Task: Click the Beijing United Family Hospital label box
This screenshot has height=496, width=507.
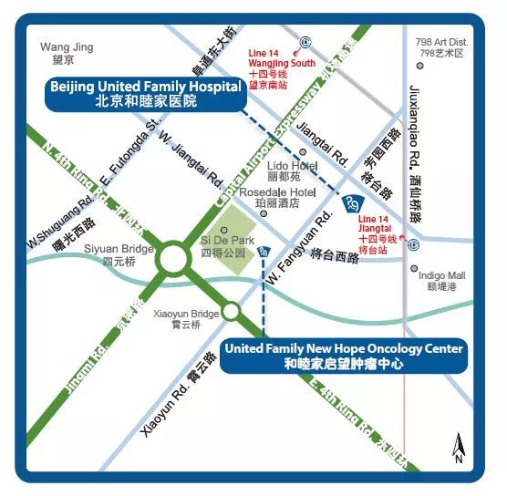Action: pos(146,94)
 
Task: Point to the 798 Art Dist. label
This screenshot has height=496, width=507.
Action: pos(441,48)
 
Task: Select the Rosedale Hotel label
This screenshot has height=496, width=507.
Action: pos(276,199)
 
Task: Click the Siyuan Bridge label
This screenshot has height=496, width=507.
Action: pos(119,253)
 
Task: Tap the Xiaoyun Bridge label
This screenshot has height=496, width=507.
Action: pos(186,319)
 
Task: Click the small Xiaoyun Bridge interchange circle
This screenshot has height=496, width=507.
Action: pos(232,312)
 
